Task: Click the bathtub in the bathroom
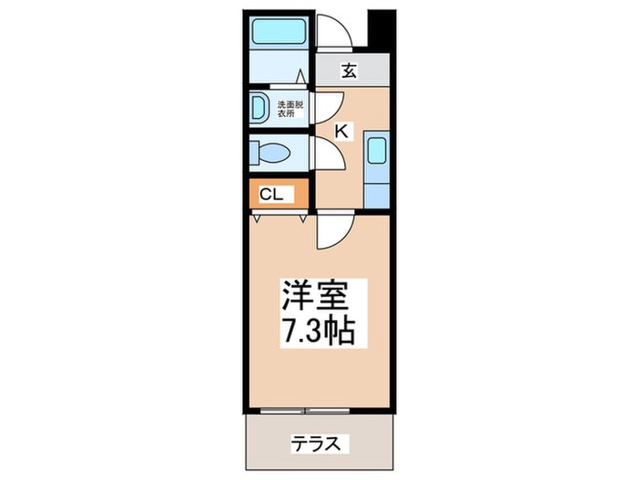point(279,31)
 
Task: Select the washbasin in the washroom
point(258,107)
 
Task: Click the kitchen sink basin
point(377,151)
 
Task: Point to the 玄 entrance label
point(350,70)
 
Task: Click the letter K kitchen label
point(341,132)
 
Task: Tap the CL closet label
point(271,195)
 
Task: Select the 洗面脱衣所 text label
point(290,109)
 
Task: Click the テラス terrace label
point(316,443)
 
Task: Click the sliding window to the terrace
point(305,411)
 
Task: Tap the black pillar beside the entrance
point(382,29)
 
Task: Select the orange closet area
point(278,194)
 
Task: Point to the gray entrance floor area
point(353,69)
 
